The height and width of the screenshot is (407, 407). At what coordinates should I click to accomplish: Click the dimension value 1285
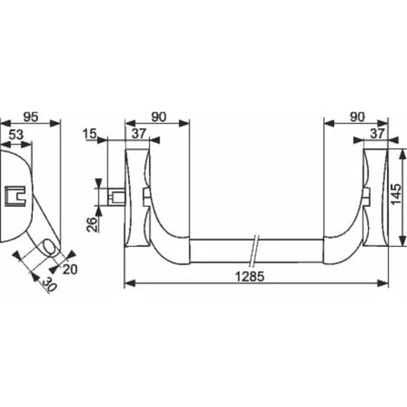point(250,276)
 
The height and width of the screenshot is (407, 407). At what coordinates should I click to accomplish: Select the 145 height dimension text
point(396,194)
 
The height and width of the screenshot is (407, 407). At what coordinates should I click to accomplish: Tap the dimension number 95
point(31,117)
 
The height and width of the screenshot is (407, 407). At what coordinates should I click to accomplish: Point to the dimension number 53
point(16,135)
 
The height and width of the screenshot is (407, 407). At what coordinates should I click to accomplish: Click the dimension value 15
point(89,134)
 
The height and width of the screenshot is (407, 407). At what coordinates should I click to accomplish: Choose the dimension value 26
point(92,224)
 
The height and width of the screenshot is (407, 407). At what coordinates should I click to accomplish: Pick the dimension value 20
point(70,269)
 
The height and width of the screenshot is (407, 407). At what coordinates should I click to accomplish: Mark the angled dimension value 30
point(49,284)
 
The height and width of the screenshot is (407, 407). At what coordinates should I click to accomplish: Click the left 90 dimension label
point(159,117)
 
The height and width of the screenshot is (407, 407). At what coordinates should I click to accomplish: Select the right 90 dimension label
point(358,117)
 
